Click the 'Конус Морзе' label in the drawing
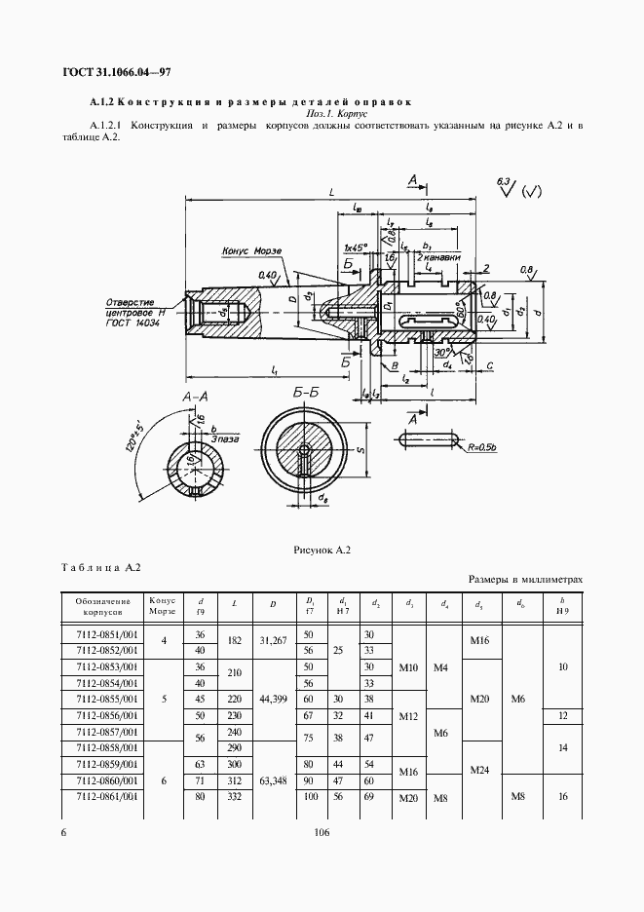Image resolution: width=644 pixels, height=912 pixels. (251, 251)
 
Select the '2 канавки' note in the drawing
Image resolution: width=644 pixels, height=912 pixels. (434, 259)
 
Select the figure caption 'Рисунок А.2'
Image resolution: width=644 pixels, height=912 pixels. (322, 550)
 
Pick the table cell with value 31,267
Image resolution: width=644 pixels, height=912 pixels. (273, 642)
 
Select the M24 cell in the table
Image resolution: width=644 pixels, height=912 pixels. (479, 771)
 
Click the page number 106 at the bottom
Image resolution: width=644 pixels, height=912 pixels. (323, 832)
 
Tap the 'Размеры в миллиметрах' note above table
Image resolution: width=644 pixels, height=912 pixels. (526, 579)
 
